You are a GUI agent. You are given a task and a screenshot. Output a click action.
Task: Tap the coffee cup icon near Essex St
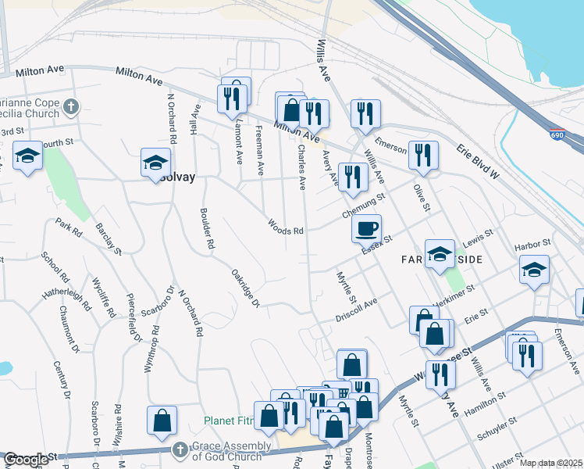pyautogui.click(x=366, y=228)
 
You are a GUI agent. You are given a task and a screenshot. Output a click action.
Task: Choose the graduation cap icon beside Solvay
pyautogui.click(x=155, y=163)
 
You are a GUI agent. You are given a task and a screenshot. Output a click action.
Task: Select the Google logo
pyautogui.click(x=26, y=460)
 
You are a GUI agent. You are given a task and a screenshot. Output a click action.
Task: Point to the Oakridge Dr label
pyautogui.click(x=244, y=288)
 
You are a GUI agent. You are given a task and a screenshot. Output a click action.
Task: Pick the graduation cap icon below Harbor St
pyautogui.click(x=535, y=270)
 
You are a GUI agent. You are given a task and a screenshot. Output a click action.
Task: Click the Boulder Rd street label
pyautogui.click(x=207, y=227)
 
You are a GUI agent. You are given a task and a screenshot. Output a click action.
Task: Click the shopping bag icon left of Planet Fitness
pyautogui.click(x=162, y=421)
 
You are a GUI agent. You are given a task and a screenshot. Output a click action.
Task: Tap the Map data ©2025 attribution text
pyautogui.click(x=550, y=463)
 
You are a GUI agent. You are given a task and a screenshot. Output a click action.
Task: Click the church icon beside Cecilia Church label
pyautogui.click(x=71, y=106)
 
